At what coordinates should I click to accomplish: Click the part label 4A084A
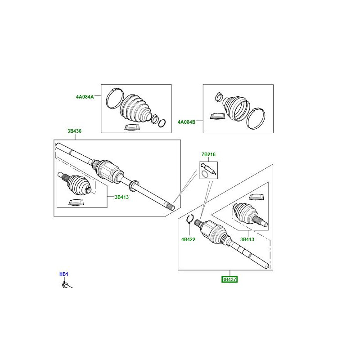85,97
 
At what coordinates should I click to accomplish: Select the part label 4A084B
186,122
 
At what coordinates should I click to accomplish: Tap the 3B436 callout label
74,131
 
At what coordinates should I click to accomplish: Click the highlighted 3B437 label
229,279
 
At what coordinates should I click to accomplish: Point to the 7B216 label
208,154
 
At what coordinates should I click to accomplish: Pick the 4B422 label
188,239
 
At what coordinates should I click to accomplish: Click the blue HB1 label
64,274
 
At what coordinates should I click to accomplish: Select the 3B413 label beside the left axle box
121,197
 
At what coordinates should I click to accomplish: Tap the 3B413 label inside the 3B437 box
247,239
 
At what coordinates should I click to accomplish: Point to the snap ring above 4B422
190,219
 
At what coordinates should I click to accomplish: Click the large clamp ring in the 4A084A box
115,99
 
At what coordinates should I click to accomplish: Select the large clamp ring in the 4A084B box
256,118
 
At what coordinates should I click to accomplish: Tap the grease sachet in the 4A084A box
132,127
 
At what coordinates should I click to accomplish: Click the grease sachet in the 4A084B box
217,116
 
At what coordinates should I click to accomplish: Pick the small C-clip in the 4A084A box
162,123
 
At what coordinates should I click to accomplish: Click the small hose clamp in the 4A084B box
219,97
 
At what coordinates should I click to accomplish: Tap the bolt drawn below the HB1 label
67,285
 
